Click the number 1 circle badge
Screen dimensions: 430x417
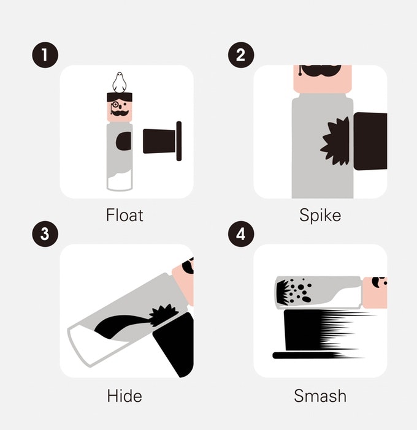tap(45, 56)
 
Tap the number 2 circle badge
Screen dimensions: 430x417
tap(240, 56)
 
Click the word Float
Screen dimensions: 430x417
tap(124, 216)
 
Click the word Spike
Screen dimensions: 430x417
tap(320, 216)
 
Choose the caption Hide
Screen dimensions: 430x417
tap(124, 395)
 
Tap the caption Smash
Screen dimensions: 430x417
tap(320, 395)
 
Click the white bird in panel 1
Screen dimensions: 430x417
tap(120, 82)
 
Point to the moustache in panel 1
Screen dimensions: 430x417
tap(120, 114)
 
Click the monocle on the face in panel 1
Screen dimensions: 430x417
tap(115, 106)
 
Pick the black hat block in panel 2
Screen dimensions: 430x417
tap(370, 141)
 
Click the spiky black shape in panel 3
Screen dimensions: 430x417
tap(162, 315)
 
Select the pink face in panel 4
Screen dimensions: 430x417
tap(374, 292)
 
